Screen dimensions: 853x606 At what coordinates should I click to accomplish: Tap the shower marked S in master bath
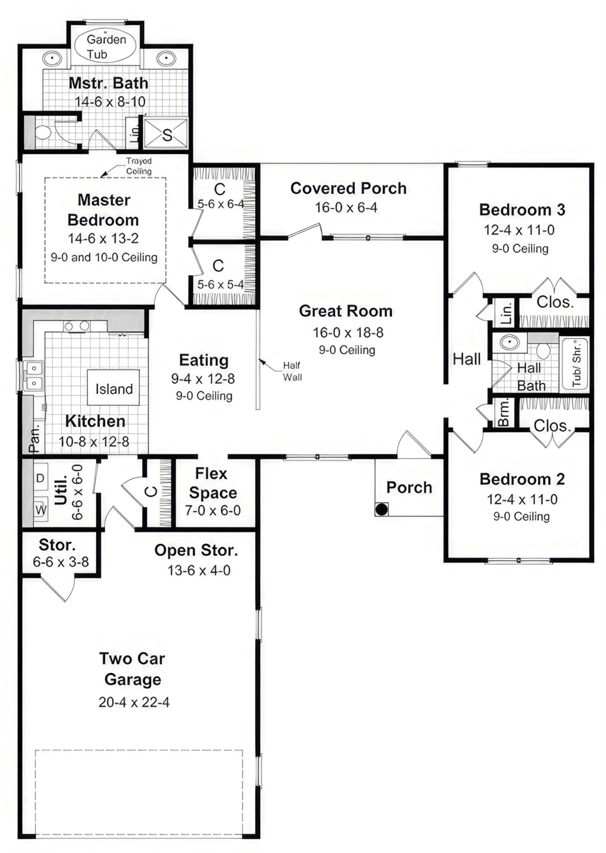[166, 133]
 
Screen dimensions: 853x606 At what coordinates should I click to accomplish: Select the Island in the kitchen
[114, 388]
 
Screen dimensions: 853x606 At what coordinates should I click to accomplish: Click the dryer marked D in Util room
[40, 478]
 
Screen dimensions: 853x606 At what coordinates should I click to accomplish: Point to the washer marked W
[41, 509]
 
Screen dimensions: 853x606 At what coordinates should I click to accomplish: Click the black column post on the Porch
[382, 509]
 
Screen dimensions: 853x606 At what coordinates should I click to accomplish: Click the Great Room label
[345, 311]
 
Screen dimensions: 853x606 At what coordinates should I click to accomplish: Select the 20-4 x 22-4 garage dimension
[134, 702]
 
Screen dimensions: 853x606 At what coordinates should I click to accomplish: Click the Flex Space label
[213, 483]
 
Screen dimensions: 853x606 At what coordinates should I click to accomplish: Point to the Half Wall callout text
[292, 371]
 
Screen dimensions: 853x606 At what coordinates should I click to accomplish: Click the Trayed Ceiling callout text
[139, 166]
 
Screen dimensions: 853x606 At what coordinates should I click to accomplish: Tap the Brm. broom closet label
[504, 412]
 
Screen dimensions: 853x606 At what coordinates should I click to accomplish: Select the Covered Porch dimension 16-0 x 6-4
[346, 208]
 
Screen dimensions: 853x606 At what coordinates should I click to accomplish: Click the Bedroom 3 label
[522, 210]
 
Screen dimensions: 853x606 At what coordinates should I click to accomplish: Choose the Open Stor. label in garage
[196, 550]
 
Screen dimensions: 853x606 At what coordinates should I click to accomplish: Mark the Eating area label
[204, 360]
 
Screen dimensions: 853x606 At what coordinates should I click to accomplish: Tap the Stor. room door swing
[60, 587]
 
